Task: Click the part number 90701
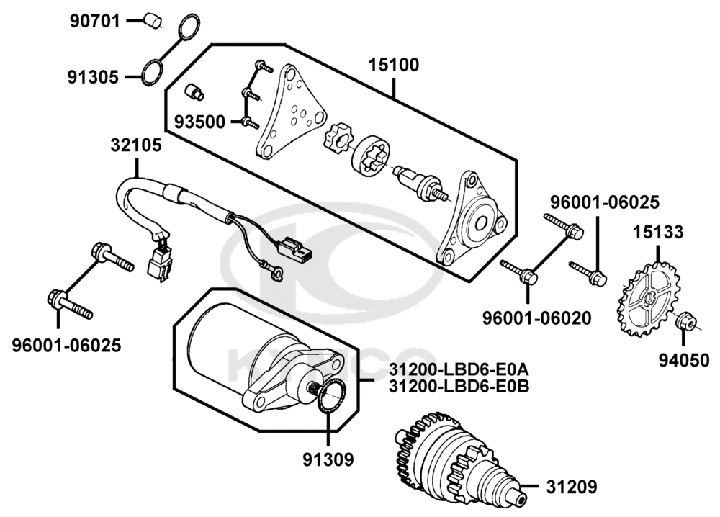pyautogui.click(x=94, y=21)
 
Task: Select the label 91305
pyautogui.click(x=93, y=77)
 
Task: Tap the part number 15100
pyautogui.click(x=394, y=66)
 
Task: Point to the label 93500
pyautogui.click(x=199, y=122)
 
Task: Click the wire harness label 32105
pyautogui.click(x=136, y=145)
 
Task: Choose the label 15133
pyautogui.click(x=658, y=232)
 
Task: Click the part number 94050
pyautogui.click(x=684, y=361)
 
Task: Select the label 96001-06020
pyautogui.click(x=537, y=318)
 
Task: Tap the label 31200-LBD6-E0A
pyautogui.click(x=459, y=369)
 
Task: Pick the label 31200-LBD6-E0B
pyautogui.click(x=459, y=386)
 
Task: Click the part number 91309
pyautogui.click(x=328, y=459)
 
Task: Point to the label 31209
pyautogui.click(x=572, y=487)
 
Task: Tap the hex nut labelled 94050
pyautogui.click(x=686, y=320)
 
